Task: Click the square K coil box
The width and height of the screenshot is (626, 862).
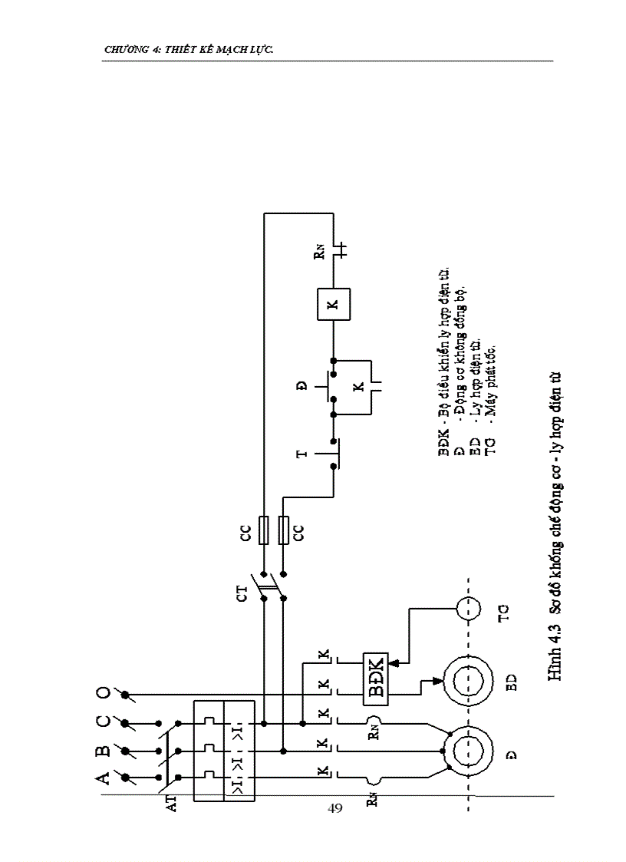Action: (x=332, y=303)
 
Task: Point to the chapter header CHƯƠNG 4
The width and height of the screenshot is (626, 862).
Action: (x=188, y=50)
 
